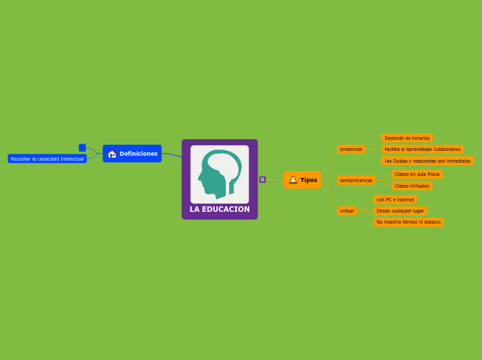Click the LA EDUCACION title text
[x=220, y=209]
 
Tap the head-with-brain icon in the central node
[x=220, y=174]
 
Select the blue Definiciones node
[x=132, y=154]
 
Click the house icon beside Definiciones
[x=112, y=154]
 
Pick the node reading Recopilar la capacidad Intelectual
[x=47, y=159]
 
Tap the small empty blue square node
[x=82, y=147]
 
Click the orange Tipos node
[x=303, y=180]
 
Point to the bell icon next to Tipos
[x=293, y=180]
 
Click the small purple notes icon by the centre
[x=262, y=179]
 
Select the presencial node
[x=351, y=149]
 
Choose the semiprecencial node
[x=356, y=180]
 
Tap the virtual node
[x=347, y=210]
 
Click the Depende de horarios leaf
[x=407, y=138]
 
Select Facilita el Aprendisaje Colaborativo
[x=422, y=149]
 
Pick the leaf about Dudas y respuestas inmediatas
[x=427, y=161]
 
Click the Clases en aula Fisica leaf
[x=417, y=174]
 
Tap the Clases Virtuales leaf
[x=411, y=186]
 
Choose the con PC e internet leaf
[x=395, y=199]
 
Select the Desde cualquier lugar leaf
[x=400, y=210]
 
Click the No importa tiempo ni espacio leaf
[x=409, y=222]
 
